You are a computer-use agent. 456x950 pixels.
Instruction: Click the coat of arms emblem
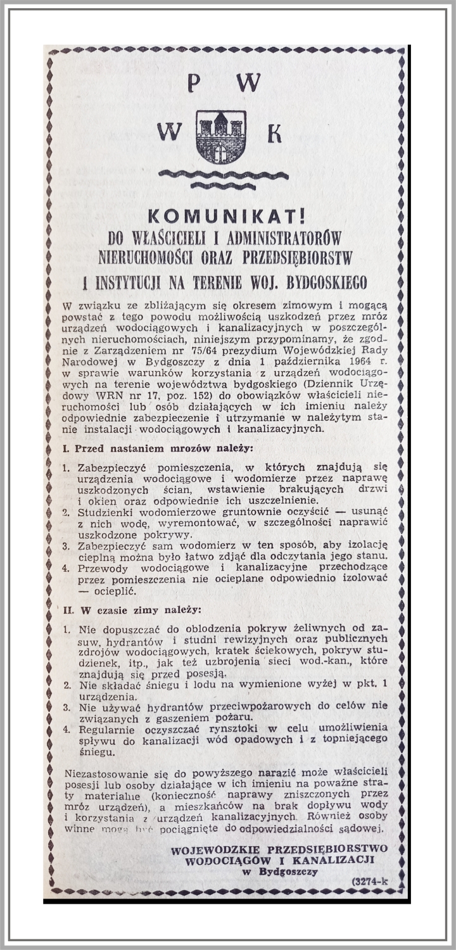point(220,137)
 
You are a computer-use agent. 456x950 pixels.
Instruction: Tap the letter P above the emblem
point(194,82)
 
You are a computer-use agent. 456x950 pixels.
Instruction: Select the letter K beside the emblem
point(274,132)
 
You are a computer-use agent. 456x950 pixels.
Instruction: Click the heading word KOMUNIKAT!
point(225,217)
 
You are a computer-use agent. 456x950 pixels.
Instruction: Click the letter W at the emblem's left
point(169,132)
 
